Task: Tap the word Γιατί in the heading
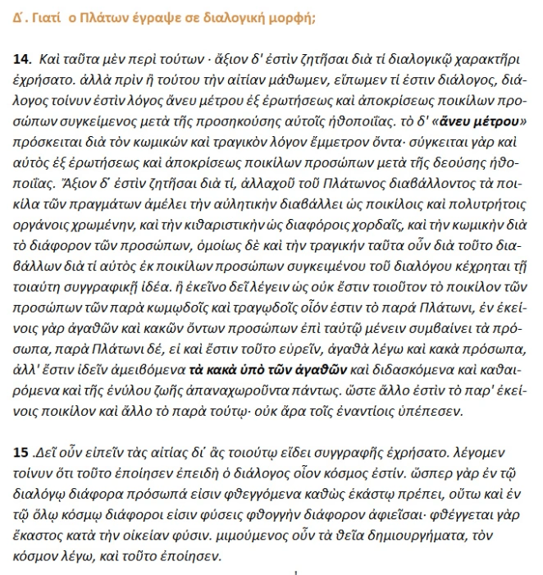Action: pyautogui.click(x=43, y=15)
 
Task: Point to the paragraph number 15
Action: pyautogui.click(x=21, y=451)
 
